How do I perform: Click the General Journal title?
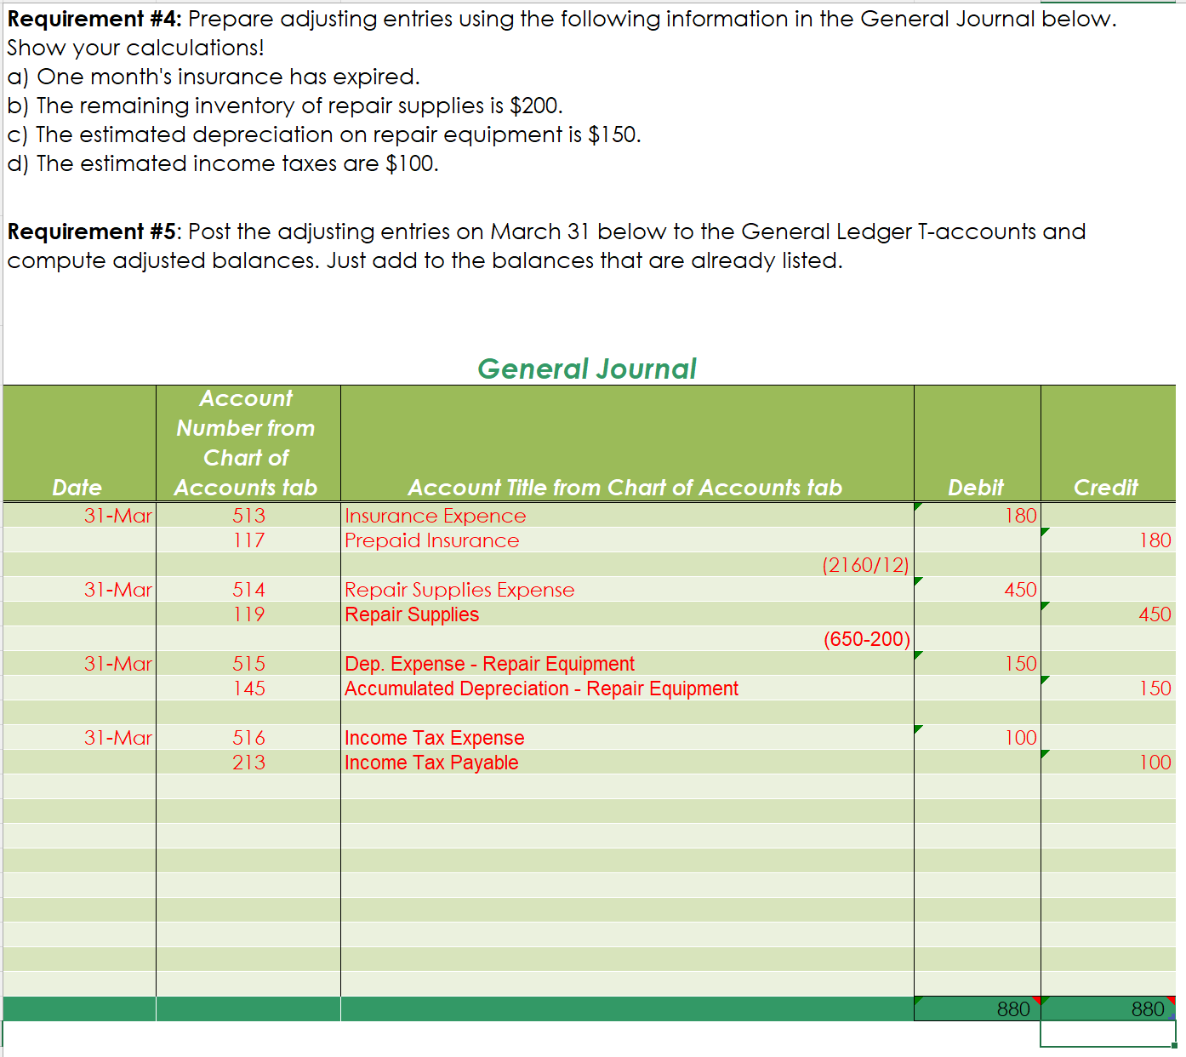tap(586, 369)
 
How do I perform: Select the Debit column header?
tap(976, 487)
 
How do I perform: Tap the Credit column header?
tap(1105, 487)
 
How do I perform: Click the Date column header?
tap(77, 487)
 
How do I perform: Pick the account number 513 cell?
tap(248, 516)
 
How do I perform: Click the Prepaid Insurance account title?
tap(431, 540)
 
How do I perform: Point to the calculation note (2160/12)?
tap(865, 565)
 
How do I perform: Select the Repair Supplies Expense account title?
tap(459, 590)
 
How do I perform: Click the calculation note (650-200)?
tap(866, 639)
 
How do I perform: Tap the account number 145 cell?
tap(248, 688)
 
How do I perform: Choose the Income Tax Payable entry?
tap(431, 763)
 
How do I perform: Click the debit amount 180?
tap(1020, 516)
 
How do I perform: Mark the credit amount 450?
tap(1155, 614)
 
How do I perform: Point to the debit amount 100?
tap(1020, 738)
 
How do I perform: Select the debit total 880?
tap(1013, 1009)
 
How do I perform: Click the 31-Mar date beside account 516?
tap(117, 738)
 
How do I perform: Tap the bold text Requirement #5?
tap(92, 231)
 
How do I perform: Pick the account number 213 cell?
tap(248, 763)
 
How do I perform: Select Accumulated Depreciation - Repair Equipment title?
tap(541, 688)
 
